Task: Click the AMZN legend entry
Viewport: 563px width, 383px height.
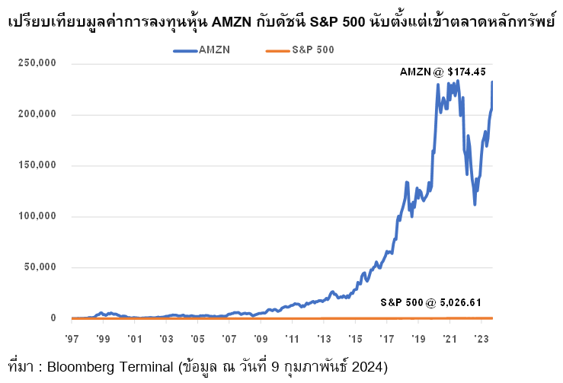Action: [214, 49]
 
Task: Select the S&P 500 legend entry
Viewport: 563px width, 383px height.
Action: [313, 49]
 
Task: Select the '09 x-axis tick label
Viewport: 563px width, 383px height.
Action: [261, 337]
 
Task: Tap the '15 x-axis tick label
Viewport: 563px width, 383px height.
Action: [355, 337]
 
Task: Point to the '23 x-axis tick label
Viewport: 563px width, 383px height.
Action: [481, 337]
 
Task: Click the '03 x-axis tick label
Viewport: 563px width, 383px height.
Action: [166, 337]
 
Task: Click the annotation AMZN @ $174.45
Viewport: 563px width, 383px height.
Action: [443, 72]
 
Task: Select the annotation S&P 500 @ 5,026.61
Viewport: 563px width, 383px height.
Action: [431, 302]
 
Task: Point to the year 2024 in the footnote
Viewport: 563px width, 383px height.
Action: [371, 367]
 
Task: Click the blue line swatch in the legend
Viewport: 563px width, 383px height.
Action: [185, 50]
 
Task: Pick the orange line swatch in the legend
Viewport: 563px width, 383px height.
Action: [277, 50]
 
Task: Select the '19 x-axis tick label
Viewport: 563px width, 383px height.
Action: [418, 337]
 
